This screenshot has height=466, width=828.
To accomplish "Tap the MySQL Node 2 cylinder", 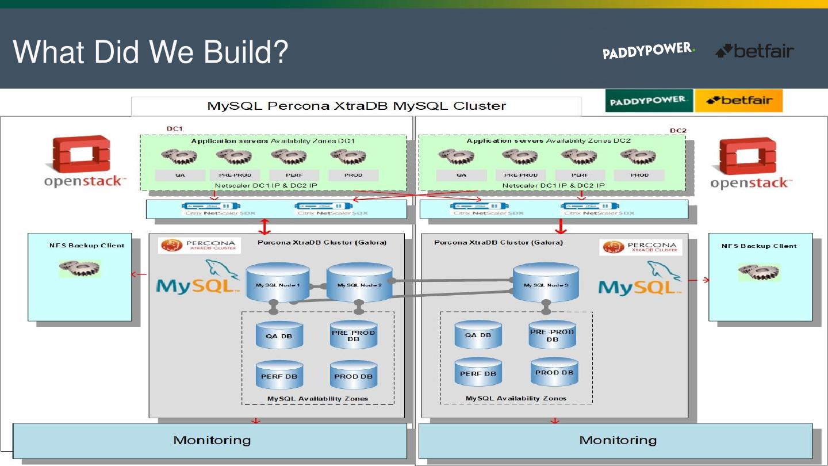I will point(359,283).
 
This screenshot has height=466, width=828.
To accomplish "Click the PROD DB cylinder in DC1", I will point(354,375).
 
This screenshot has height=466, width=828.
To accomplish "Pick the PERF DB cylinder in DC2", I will point(478,373).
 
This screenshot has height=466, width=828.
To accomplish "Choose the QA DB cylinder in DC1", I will point(279,335).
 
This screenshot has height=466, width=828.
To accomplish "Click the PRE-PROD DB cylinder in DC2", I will point(552,335).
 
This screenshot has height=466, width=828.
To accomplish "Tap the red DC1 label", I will point(175,129).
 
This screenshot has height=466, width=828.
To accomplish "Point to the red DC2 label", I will point(678,131).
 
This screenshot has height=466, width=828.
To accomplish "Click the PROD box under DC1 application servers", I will point(353,175).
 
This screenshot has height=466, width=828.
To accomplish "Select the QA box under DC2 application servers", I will point(462,175).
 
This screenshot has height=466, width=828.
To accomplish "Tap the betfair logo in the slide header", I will point(754,51).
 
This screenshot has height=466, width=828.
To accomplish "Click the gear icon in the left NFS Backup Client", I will point(80,268).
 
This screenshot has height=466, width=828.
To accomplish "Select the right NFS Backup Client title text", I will point(758,246).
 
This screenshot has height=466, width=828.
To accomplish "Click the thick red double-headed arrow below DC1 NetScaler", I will point(264,227).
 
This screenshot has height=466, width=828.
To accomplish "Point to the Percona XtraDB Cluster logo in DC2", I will point(640,247).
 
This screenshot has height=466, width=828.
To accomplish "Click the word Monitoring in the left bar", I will point(212,440).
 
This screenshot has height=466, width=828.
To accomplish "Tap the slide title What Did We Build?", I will point(150,52).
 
